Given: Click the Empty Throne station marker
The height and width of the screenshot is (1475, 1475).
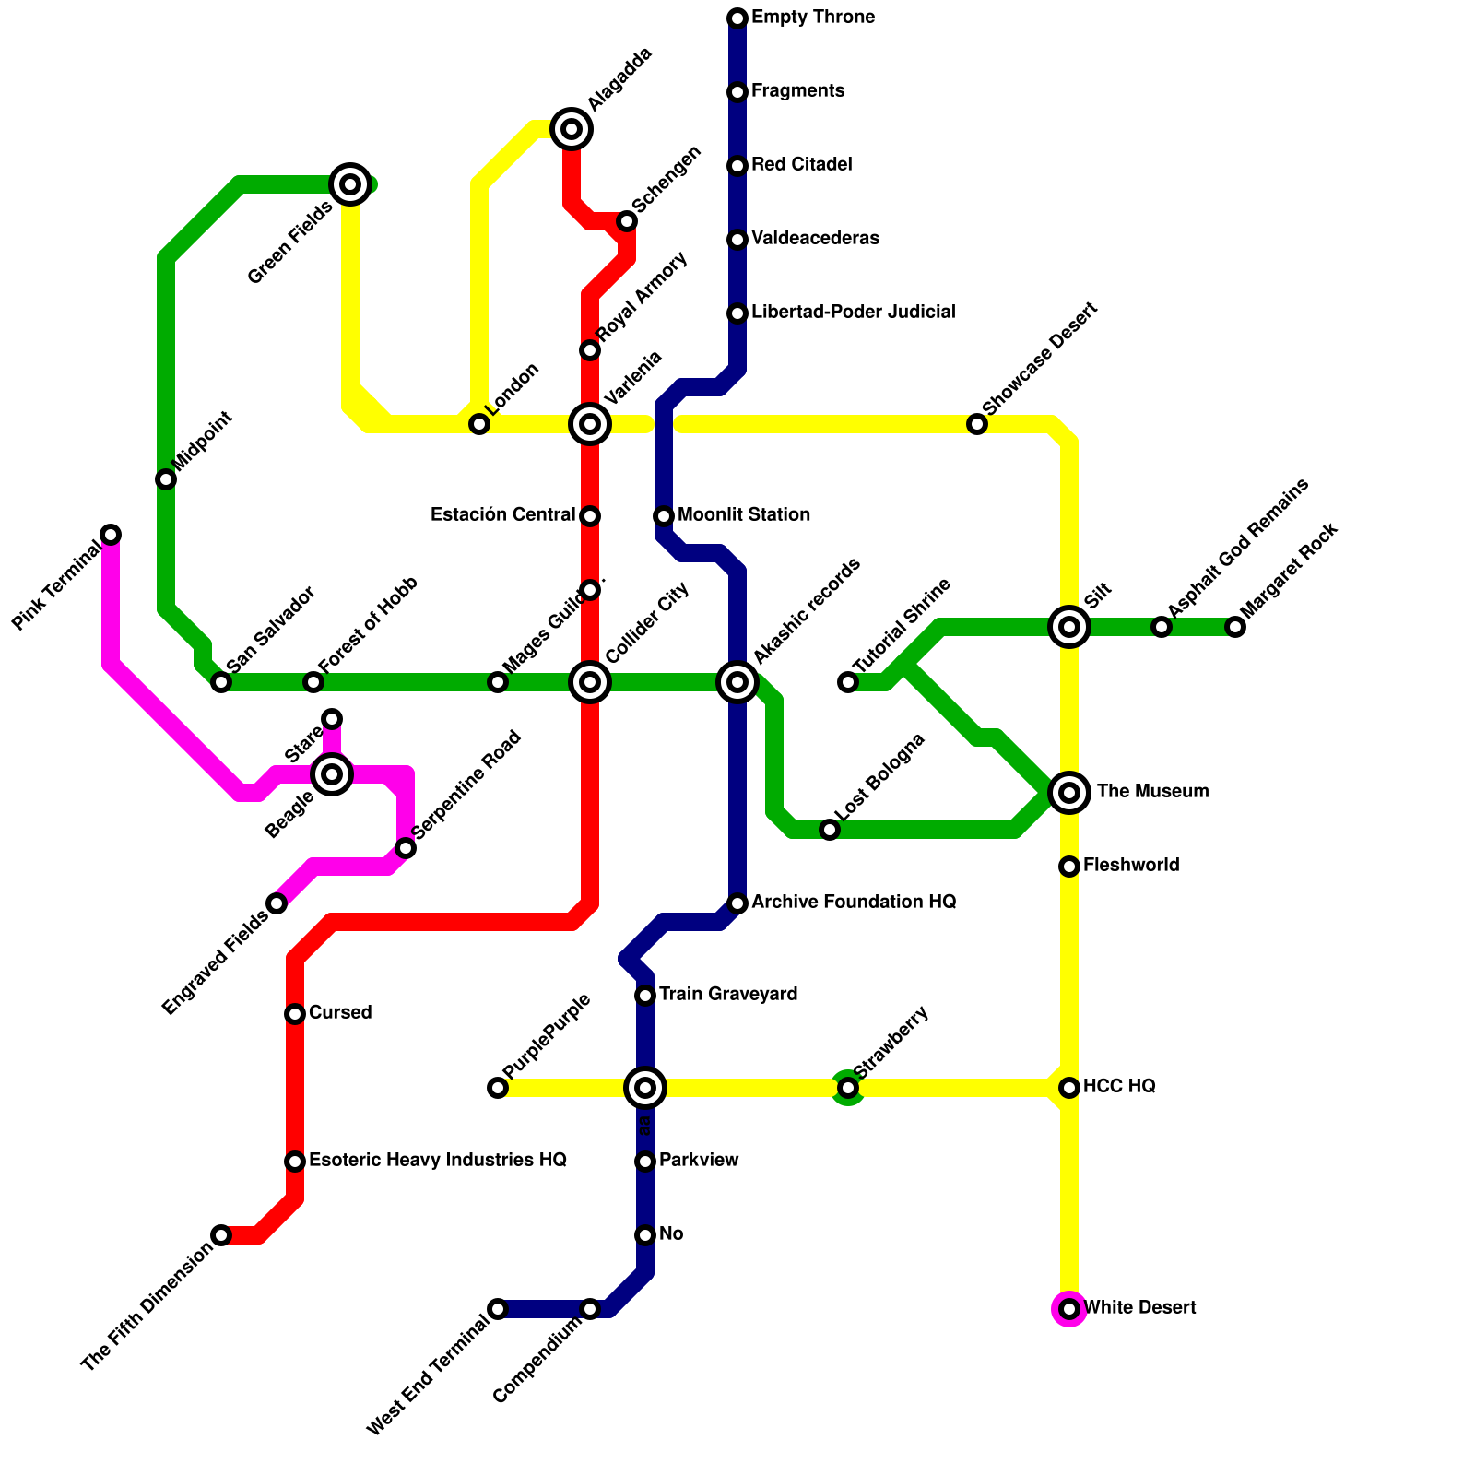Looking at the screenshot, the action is [x=737, y=18].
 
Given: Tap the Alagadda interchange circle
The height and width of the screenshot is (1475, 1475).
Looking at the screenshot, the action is [x=572, y=129].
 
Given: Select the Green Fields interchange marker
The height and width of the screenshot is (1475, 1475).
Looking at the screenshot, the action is [x=350, y=184].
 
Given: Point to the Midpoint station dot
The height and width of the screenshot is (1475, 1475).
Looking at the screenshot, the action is [x=166, y=479].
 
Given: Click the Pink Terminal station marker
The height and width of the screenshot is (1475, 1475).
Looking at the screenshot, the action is [x=111, y=535].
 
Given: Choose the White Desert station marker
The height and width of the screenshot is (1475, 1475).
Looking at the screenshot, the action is [x=1069, y=1309].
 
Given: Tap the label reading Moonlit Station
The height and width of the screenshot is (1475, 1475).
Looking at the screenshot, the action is [x=743, y=515].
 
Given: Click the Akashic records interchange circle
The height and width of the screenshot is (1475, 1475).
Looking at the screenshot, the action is [x=737, y=682].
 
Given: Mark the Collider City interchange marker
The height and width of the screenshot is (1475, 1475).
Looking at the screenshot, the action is [x=590, y=682].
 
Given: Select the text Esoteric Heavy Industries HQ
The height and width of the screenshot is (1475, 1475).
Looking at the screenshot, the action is [x=437, y=1161].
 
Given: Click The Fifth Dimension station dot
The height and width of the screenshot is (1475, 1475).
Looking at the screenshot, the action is [x=221, y=1235].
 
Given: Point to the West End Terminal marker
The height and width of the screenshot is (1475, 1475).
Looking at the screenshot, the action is [x=498, y=1309].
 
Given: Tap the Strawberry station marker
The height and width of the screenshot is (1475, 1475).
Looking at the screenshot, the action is [x=848, y=1088].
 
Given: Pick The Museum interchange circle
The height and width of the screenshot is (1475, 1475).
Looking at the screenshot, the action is [x=1069, y=793].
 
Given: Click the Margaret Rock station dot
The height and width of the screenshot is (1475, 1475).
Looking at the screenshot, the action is [x=1235, y=627].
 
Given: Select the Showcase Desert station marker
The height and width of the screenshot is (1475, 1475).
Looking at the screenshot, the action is [x=977, y=424].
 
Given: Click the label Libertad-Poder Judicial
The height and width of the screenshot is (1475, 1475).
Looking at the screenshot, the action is [x=853, y=313].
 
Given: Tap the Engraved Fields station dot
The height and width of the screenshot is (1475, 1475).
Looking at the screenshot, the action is [x=277, y=903].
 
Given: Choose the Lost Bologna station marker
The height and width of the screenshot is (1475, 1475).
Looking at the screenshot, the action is [x=830, y=830].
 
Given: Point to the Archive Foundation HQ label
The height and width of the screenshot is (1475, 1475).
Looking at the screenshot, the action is [x=853, y=903].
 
